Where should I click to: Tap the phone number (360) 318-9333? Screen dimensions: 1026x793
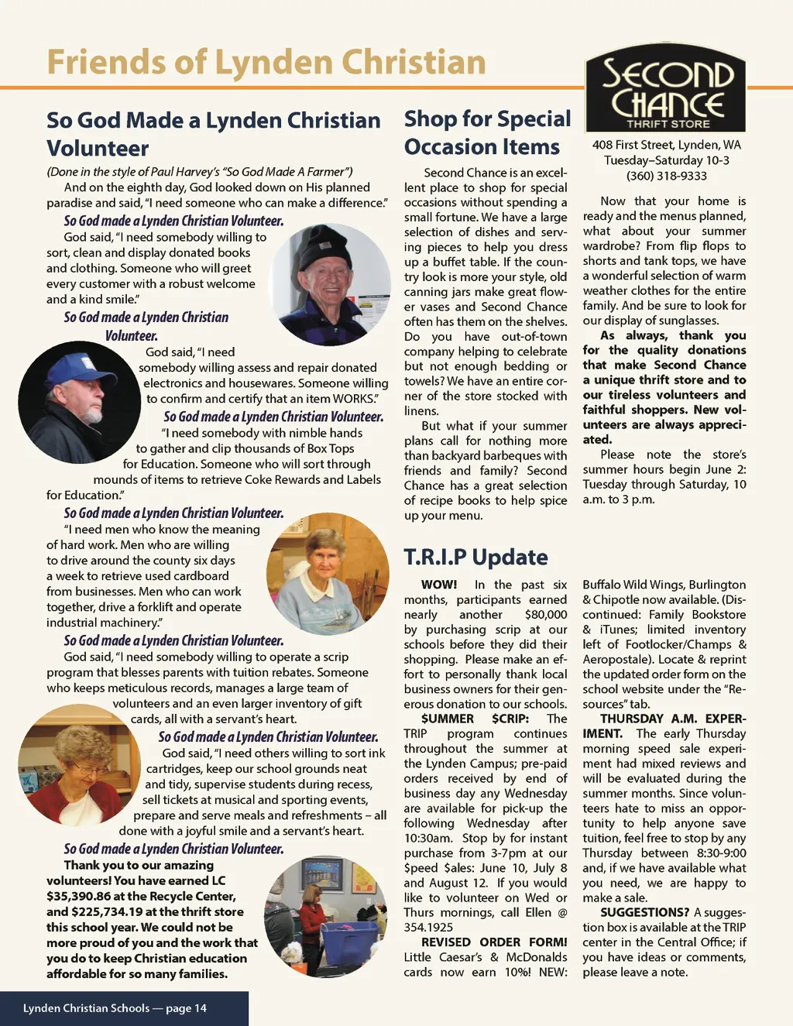point(666,176)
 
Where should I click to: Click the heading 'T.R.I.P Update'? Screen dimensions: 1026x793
point(475,557)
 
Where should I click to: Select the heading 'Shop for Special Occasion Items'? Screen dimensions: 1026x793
point(487,132)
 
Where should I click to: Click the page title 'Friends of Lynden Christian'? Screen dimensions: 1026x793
point(266,62)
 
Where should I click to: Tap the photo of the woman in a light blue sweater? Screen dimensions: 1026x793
point(327,573)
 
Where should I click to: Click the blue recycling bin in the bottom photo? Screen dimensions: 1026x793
point(348,939)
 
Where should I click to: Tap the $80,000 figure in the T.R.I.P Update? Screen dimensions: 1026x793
point(545,614)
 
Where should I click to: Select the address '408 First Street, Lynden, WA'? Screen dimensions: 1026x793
point(666,145)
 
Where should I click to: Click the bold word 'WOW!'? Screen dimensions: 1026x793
point(438,585)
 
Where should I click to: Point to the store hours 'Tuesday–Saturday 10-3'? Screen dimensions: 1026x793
point(666,160)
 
